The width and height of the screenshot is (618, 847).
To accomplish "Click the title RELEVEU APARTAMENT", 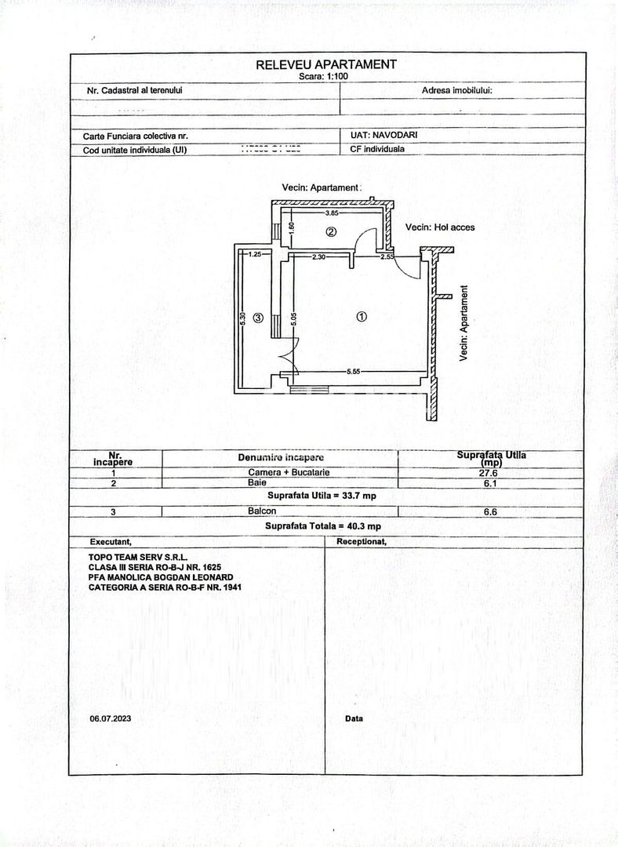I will point(326,64).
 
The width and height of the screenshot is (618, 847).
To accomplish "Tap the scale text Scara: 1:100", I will point(326,77).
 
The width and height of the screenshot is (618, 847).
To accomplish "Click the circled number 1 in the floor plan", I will point(362,317).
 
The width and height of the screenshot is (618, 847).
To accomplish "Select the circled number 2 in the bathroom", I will point(331,231).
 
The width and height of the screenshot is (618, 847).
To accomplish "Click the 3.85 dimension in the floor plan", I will point(331,213).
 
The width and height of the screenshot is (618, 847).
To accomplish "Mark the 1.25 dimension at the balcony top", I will point(254,254).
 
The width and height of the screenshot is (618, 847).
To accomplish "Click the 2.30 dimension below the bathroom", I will point(318,257).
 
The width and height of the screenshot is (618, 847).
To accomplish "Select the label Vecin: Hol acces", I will point(439,227).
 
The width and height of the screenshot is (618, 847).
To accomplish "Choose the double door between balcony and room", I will point(289,358).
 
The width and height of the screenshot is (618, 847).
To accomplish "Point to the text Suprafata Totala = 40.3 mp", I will point(322,526).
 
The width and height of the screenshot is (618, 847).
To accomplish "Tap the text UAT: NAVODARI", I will point(384,135).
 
